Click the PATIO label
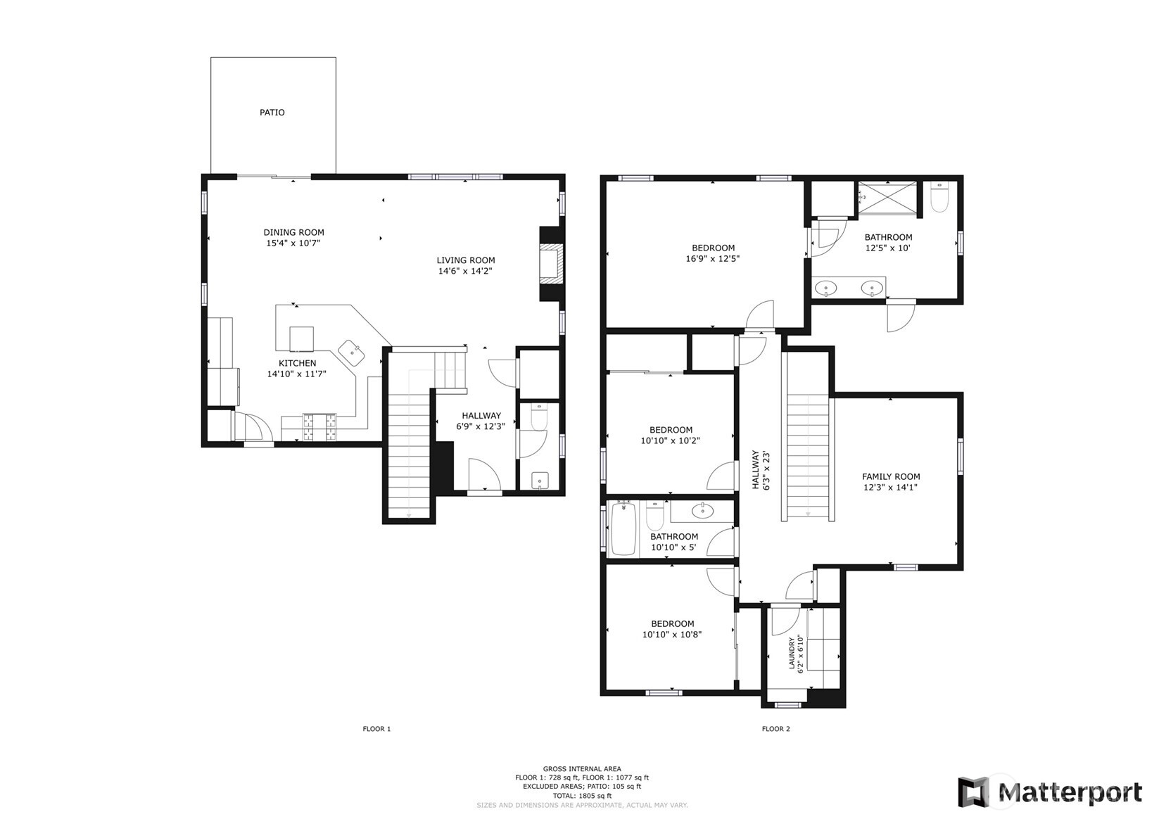point(272,113)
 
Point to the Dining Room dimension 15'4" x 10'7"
point(293,243)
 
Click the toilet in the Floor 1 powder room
point(539,417)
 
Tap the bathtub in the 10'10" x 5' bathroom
point(623,528)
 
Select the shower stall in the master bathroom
point(888,198)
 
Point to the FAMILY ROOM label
point(891,476)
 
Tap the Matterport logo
point(1050,792)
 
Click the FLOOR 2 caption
point(775,729)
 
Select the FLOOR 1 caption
point(376,729)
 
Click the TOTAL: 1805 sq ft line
point(581,795)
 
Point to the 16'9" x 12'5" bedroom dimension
point(712,258)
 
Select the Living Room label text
point(465,260)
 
